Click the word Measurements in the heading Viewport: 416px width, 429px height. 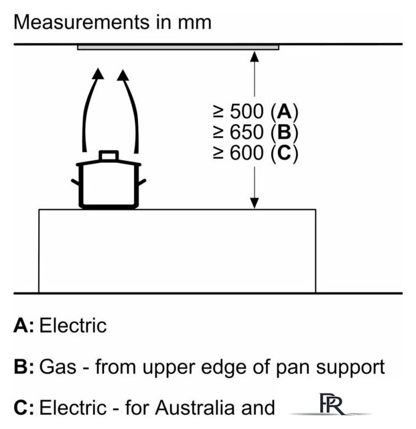(82, 22)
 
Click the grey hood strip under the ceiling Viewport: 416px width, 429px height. (178, 48)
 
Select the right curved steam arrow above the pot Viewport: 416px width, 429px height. (131, 109)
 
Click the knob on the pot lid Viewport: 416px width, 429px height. (109, 156)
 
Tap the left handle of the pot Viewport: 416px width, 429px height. (75, 182)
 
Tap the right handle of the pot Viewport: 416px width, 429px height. (142, 182)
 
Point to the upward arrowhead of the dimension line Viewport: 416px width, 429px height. (255, 56)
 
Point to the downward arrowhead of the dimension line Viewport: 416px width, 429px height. (255, 203)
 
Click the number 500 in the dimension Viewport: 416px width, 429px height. (247, 112)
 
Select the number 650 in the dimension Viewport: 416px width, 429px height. (247, 132)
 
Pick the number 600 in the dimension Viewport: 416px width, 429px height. (247, 153)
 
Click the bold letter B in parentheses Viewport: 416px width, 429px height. (284, 132)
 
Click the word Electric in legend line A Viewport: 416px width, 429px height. (73, 326)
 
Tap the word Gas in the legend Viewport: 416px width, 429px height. (58, 367)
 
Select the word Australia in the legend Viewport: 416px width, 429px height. (194, 408)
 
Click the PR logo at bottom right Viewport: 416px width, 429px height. (332, 404)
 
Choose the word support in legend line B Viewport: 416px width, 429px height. (350, 368)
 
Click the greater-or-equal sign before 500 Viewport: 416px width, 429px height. (218, 112)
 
